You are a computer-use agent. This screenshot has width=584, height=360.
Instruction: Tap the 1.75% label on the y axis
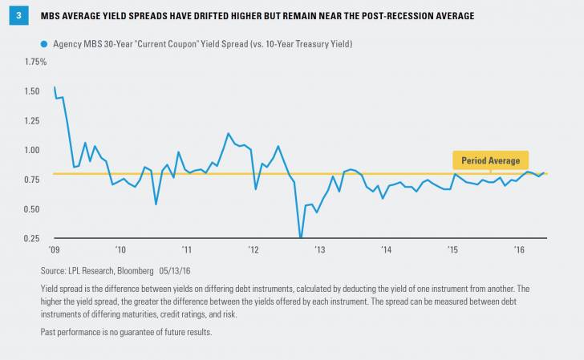click(x=37, y=62)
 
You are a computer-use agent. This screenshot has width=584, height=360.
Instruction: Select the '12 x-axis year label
click(x=252, y=250)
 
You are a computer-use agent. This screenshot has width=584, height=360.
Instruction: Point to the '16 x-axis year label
click(x=518, y=250)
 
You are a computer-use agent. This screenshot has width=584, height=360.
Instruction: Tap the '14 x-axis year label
click(x=385, y=250)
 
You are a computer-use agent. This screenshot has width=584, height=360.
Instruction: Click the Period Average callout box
click(x=491, y=160)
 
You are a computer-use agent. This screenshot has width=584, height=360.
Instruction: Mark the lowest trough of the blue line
click(x=301, y=237)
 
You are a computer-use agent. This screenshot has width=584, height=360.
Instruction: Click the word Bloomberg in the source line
click(x=160, y=270)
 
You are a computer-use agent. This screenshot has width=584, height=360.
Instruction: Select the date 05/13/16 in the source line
click(x=203, y=270)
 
